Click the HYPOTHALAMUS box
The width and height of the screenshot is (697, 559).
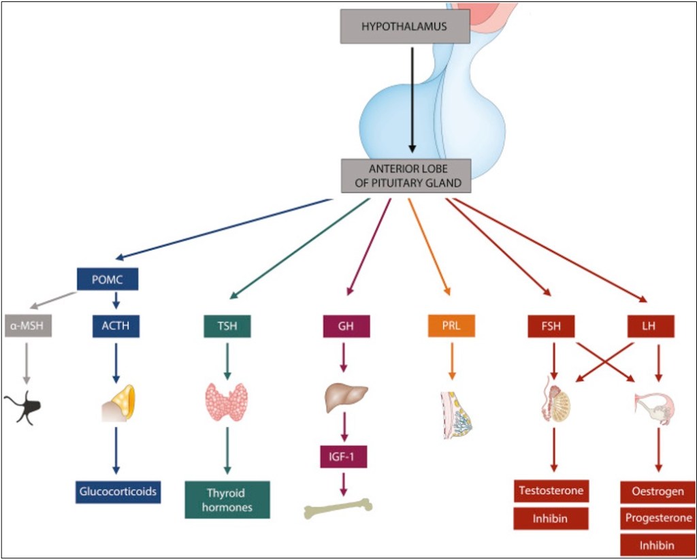click(405, 27)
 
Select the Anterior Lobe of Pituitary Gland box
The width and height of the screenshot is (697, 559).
click(405, 176)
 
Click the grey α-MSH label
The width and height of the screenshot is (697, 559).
click(28, 326)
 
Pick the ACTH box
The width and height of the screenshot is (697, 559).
click(116, 326)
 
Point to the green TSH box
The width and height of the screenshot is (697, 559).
click(227, 326)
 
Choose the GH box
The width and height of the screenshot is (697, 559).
click(346, 326)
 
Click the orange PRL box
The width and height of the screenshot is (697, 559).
click(451, 326)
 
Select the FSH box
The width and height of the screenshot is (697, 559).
click(551, 326)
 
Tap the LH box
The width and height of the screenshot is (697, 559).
click(650, 326)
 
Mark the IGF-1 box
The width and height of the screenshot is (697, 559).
click(343, 456)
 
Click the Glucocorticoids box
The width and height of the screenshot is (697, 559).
click(118, 492)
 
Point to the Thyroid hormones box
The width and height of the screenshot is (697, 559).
click(227, 500)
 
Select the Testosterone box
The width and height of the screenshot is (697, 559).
click(551, 491)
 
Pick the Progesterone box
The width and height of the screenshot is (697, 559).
click(658, 518)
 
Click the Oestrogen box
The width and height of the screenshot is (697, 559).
click(658, 492)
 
